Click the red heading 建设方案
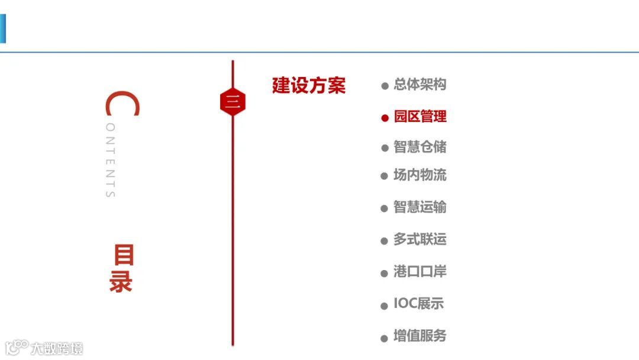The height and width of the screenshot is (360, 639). click(308, 86)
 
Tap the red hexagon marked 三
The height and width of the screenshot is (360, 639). click(233, 102)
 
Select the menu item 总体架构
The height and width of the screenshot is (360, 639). click(420, 85)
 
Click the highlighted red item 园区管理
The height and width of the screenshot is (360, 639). click(420, 117)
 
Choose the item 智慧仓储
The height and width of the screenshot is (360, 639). click(420, 147)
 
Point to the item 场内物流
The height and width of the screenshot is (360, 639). click(420, 175)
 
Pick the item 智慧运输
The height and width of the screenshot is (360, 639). click(420, 207)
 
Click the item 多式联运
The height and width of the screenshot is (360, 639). click(420, 240)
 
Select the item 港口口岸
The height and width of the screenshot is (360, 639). click(420, 272)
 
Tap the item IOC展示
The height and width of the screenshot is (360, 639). click(418, 304)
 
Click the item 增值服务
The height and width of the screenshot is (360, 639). click(420, 336)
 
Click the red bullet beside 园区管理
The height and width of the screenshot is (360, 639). click(385, 118)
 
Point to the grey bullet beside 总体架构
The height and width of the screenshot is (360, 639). click(385, 86)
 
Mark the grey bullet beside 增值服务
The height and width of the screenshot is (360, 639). click(385, 338)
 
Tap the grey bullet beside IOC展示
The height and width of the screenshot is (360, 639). click(385, 306)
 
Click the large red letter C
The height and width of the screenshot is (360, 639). click(122, 104)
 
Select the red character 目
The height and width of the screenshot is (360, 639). click(124, 255)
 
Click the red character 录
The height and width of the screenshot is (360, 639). click(121, 282)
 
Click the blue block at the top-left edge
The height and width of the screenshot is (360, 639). click(2, 29)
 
